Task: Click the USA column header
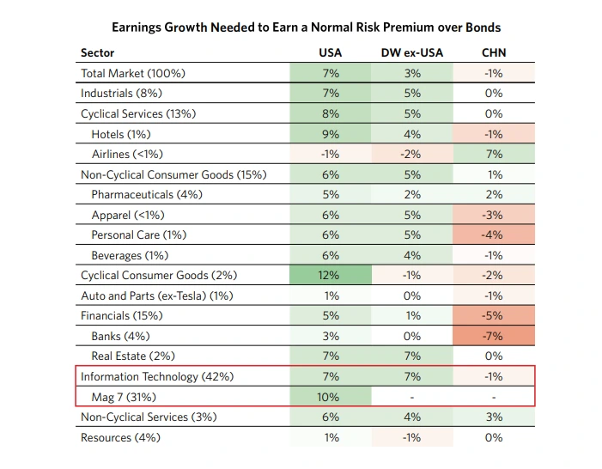(x=330, y=52)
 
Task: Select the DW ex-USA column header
(x=412, y=52)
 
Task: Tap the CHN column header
(x=494, y=52)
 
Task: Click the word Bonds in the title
(x=483, y=27)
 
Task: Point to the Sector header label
(x=98, y=52)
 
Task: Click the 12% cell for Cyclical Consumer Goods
(x=331, y=275)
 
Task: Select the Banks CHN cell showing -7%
(x=494, y=336)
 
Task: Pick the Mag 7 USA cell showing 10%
(x=331, y=396)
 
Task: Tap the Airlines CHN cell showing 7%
(x=494, y=154)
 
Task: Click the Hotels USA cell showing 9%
(x=331, y=134)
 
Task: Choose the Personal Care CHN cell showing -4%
(x=494, y=234)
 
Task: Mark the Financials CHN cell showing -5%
(x=494, y=315)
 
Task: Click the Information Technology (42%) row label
(x=157, y=376)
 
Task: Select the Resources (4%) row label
(x=120, y=437)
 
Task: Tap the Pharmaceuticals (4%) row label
(x=147, y=194)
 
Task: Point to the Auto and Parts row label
(x=157, y=295)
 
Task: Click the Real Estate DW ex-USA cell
(x=412, y=356)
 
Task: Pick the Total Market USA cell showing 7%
(x=331, y=73)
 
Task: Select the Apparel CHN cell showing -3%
(x=494, y=215)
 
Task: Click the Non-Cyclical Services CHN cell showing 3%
(x=494, y=417)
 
